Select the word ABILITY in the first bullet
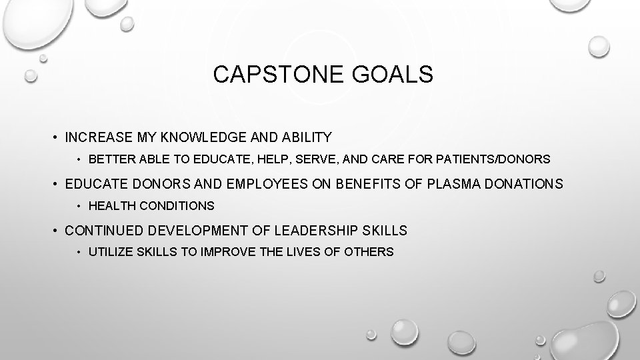pos(306,138)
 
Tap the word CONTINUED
pos(105,231)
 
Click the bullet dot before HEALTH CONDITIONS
pos(79,207)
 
